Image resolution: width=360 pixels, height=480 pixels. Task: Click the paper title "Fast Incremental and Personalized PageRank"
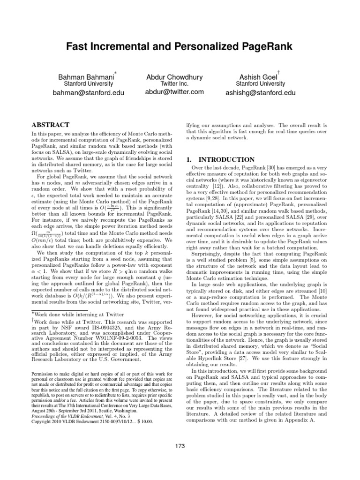[x=180, y=47]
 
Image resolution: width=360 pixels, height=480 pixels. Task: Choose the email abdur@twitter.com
[x=174, y=92]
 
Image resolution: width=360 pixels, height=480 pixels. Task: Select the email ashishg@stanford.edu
[x=261, y=93]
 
